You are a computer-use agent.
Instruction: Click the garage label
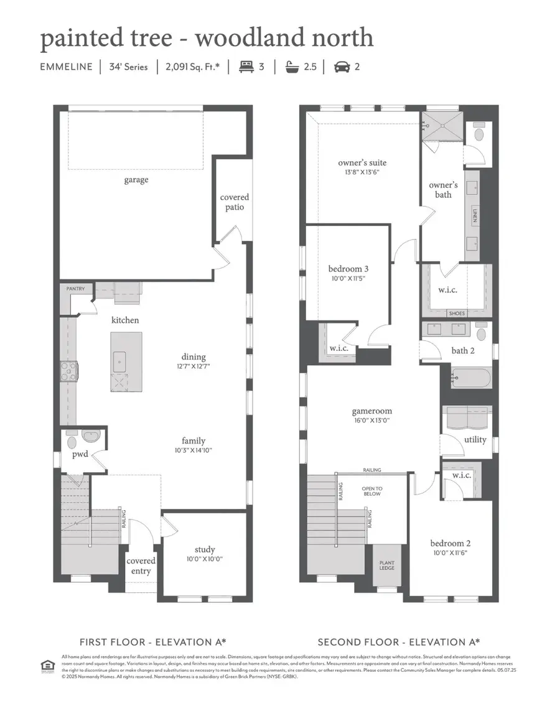(136, 180)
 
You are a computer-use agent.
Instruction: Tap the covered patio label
(234, 202)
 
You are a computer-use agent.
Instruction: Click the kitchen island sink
(119, 360)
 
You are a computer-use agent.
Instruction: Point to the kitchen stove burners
(68, 371)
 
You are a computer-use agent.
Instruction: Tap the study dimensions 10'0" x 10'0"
(204, 559)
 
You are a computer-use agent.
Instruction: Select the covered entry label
(141, 565)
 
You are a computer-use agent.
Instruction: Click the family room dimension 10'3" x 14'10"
(194, 450)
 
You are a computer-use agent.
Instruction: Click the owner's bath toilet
(479, 133)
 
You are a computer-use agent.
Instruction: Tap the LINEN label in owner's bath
(474, 216)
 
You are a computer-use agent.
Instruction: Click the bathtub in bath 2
(471, 377)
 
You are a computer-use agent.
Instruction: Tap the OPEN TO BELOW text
(371, 492)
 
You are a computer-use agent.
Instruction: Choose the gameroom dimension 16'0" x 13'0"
(371, 421)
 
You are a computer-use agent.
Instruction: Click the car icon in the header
(341, 67)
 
